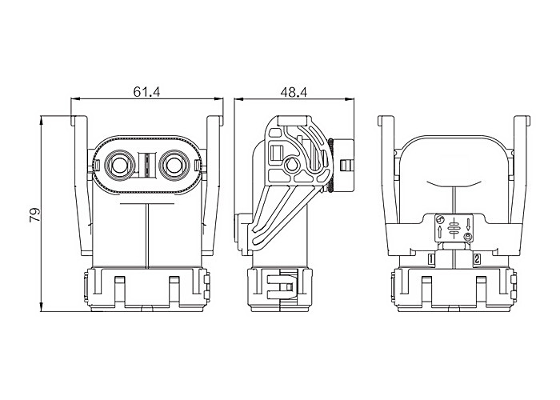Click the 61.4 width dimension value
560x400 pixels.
pos(146,92)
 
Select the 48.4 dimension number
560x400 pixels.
pos(294,92)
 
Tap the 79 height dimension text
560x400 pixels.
pos(35,215)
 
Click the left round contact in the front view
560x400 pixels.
pos(120,165)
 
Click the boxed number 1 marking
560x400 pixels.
pos(431,260)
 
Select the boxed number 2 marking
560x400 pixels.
pos(477,260)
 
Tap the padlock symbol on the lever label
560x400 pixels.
pos(468,236)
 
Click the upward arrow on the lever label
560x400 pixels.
pos(439,232)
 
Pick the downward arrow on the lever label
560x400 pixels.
pos(468,224)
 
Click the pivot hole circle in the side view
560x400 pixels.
pos(291,165)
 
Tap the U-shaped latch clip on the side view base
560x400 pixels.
pos(280,286)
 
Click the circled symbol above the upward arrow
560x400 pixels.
pos(440,220)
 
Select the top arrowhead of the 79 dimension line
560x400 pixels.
pos(42,120)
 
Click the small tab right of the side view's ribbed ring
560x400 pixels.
pos(344,165)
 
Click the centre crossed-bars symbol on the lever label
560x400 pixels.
pos(454,227)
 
